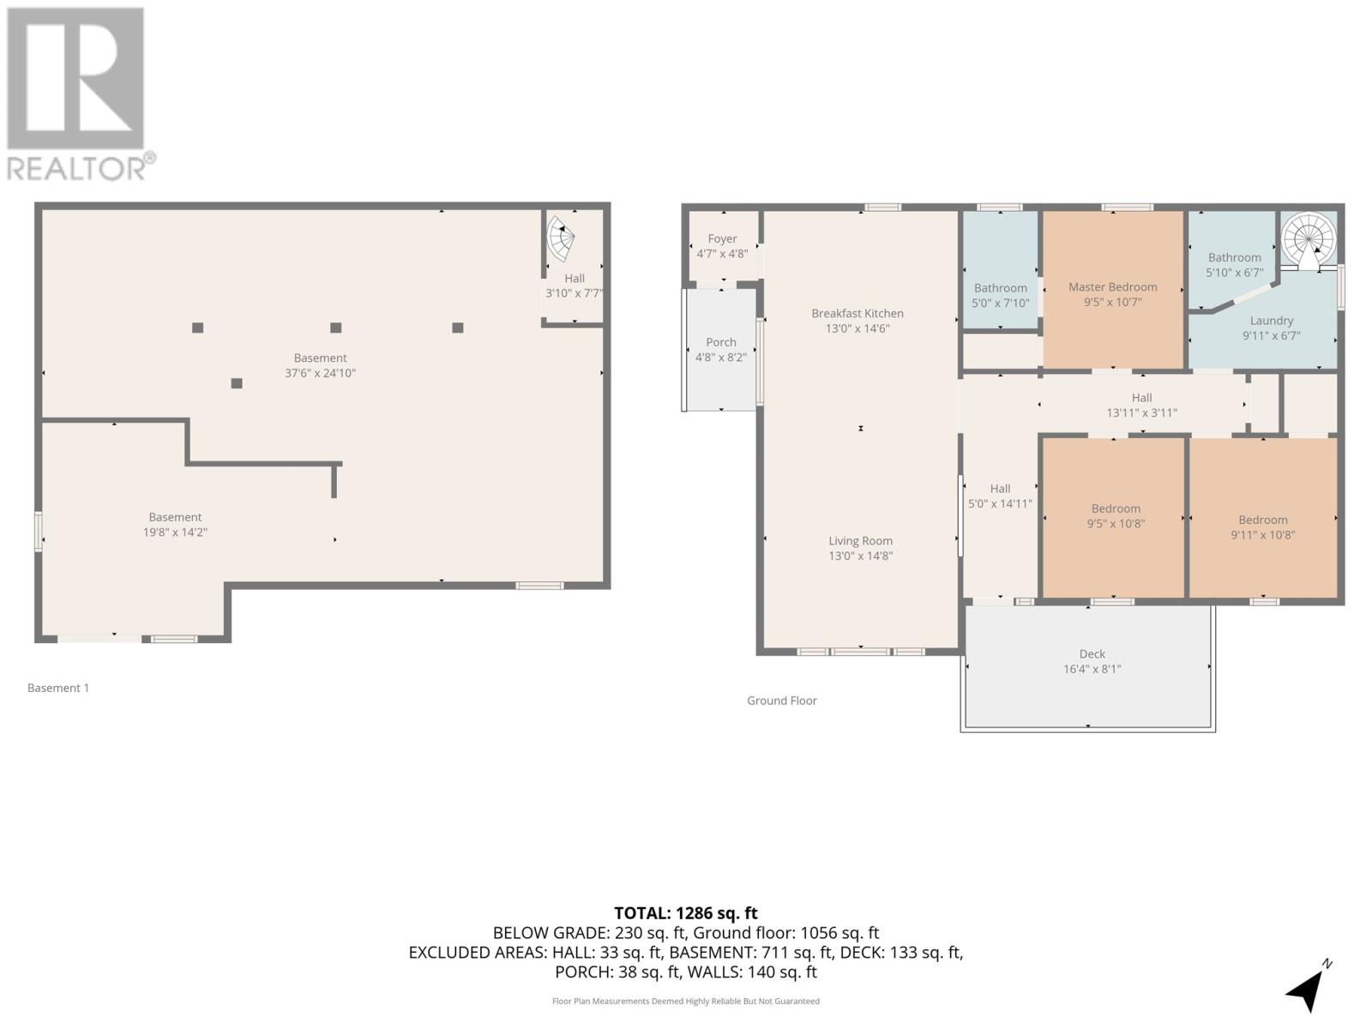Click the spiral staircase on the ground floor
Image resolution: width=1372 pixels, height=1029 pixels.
point(1309,239)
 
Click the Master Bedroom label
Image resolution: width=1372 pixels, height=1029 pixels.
point(1112,287)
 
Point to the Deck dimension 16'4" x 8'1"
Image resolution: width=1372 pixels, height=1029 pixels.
point(1092,669)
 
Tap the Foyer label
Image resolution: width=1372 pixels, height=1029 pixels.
point(722,239)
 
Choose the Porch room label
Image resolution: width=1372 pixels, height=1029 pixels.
point(720,342)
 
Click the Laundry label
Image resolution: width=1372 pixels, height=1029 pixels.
point(1271,321)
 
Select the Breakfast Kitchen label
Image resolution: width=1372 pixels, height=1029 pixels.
point(857,314)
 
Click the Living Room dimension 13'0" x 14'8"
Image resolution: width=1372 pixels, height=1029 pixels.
point(860,556)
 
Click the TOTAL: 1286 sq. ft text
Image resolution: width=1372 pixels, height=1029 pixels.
point(685,913)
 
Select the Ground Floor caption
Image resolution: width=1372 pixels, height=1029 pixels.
point(781,701)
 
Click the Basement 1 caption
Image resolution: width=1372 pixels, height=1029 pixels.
point(58,688)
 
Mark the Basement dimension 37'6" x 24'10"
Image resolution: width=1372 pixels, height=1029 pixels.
point(320,373)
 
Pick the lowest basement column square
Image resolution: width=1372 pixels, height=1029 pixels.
point(237,383)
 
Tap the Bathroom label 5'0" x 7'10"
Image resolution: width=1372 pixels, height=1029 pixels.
point(1000,296)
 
